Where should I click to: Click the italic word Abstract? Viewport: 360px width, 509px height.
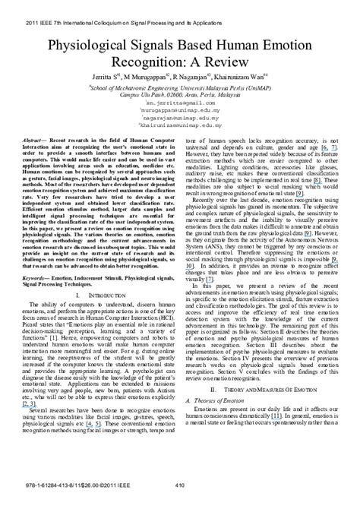tap(43, 142)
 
